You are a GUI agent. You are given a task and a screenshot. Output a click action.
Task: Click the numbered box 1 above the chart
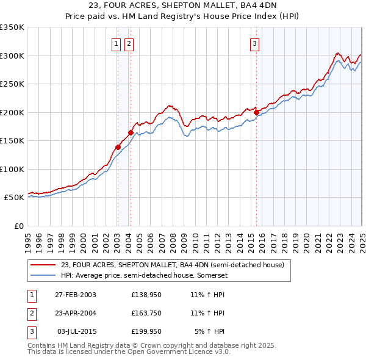116,43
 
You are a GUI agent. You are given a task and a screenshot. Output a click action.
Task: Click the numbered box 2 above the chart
129,43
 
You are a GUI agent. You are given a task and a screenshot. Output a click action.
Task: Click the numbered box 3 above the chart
254,43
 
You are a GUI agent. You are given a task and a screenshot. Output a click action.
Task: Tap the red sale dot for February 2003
118,146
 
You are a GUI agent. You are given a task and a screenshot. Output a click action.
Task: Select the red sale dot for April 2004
131,132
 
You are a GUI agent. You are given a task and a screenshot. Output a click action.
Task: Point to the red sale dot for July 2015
256,112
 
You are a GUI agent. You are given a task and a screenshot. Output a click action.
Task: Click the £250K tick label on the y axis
12,84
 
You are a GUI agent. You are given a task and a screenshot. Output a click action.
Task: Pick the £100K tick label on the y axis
12,169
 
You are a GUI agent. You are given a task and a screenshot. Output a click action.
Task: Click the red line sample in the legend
43,265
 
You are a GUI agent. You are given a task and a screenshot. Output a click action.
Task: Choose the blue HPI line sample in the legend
43,275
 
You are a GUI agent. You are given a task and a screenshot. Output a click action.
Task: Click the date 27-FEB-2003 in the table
76,295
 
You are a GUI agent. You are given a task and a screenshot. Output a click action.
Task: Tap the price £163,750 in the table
146,313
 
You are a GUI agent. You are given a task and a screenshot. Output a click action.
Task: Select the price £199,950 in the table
146,331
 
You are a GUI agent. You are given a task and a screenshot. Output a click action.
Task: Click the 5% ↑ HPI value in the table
210,331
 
